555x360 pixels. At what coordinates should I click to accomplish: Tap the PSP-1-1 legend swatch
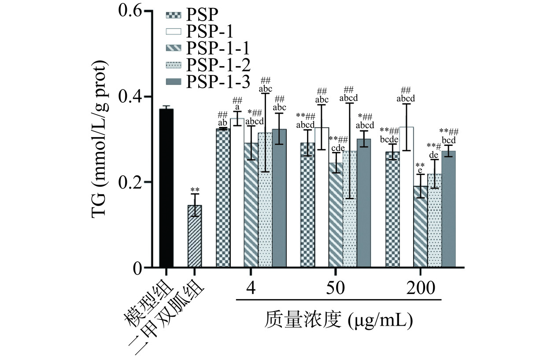[174, 48]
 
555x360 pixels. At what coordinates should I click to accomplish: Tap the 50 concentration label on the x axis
[336, 288]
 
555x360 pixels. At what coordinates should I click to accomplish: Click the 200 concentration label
[420, 288]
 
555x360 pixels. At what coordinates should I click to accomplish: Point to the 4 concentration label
[251, 288]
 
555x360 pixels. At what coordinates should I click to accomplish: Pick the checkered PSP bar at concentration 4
[223, 198]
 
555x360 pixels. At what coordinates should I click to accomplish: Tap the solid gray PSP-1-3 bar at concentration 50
[364, 203]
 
